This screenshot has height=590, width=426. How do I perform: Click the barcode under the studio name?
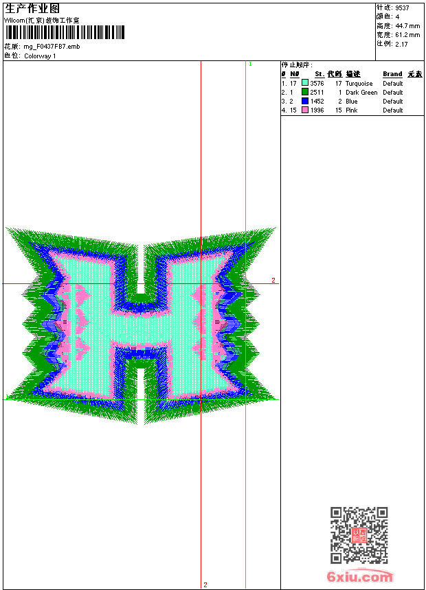65,33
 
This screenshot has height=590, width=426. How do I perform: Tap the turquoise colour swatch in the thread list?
305,83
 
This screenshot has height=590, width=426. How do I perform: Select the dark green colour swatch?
305,92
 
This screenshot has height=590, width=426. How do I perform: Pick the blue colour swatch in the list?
305,101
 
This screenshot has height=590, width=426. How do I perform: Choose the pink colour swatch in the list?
305,110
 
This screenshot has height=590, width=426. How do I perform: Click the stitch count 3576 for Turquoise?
317,83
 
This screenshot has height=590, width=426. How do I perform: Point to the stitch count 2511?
317,92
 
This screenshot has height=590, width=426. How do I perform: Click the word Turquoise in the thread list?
359,84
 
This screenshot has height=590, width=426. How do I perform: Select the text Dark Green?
361,92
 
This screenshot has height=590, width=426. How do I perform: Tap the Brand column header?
392,74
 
